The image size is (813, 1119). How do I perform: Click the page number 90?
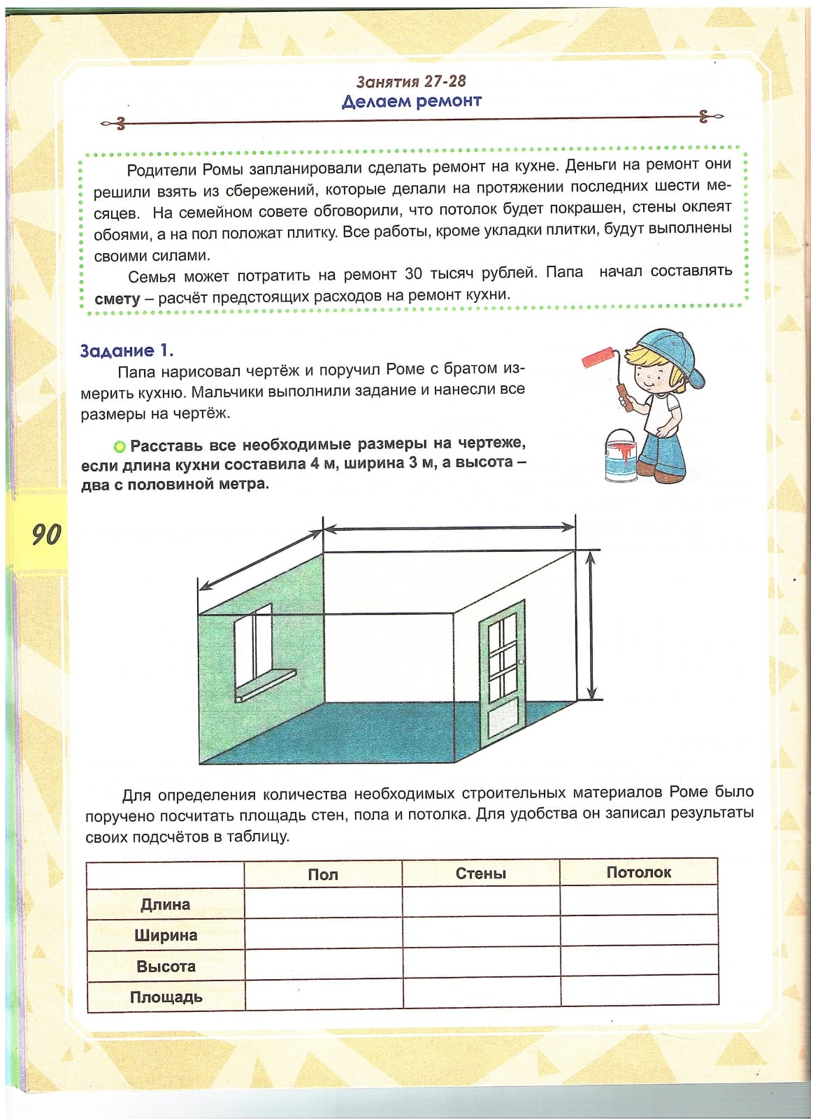pyautogui.click(x=46, y=534)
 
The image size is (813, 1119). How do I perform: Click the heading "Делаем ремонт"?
pyautogui.click(x=411, y=101)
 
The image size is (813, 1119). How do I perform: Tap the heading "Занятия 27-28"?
pyautogui.click(x=411, y=82)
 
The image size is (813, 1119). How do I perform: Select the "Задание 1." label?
pyautogui.click(x=127, y=350)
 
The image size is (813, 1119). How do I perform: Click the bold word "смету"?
pyautogui.click(x=117, y=299)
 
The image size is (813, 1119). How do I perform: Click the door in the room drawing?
pyautogui.click(x=502, y=671)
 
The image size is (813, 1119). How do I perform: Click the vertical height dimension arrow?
pyautogui.click(x=591, y=625)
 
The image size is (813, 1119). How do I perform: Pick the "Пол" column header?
pyautogui.click(x=323, y=874)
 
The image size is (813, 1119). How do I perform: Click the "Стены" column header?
pyautogui.click(x=480, y=874)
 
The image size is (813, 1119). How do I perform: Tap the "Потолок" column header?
pyautogui.click(x=638, y=872)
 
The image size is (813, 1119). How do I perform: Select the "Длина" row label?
pyautogui.click(x=166, y=904)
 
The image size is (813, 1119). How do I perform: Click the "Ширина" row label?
pyautogui.click(x=166, y=935)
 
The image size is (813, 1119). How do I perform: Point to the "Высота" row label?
pyautogui.click(x=166, y=967)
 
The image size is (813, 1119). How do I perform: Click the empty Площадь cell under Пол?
pyautogui.click(x=324, y=996)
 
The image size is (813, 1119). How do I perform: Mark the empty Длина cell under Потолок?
pyautogui.click(x=639, y=901)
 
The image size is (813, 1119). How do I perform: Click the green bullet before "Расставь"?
pyautogui.click(x=120, y=446)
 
